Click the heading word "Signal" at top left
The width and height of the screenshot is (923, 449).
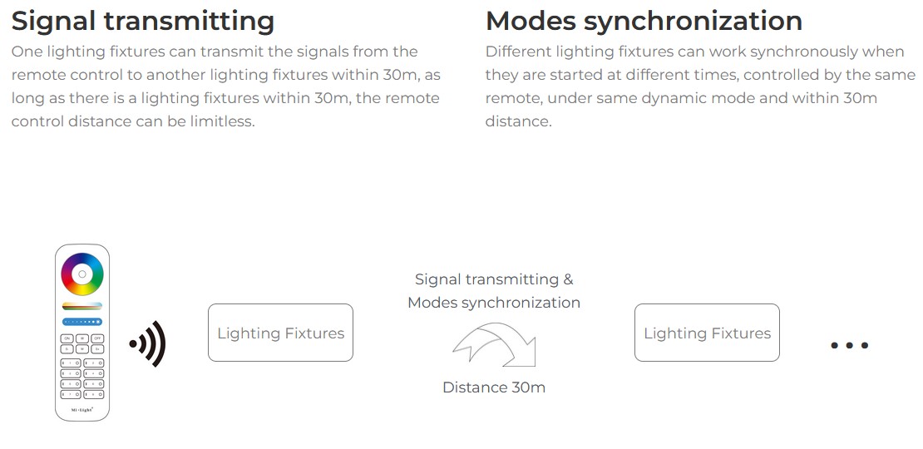(x=53, y=21)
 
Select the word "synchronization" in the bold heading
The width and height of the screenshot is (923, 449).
(x=693, y=21)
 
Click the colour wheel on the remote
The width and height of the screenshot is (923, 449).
(x=82, y=274)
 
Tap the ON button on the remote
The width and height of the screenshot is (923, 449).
(x=67, y=338)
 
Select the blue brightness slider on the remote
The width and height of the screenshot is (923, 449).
(x=82, y=322)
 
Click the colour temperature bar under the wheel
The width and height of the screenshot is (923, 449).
(x=82, y=306)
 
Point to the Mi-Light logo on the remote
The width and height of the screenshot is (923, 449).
(x=82, y=409)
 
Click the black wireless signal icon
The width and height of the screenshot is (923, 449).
(x=148, y=344)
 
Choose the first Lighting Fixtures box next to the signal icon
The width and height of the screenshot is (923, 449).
(x=281, y=333)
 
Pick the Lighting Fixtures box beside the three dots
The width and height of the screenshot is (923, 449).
(x=707, y=333)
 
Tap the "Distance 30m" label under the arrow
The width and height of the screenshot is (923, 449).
(x=494, y=387)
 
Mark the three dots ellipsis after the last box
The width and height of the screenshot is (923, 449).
(x=850, y=345)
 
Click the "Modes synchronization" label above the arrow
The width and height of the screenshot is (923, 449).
(x=494, y=303)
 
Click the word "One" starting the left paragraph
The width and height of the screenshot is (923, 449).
(x=25, y=52)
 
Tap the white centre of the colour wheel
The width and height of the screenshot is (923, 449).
(x=82, y=274)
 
